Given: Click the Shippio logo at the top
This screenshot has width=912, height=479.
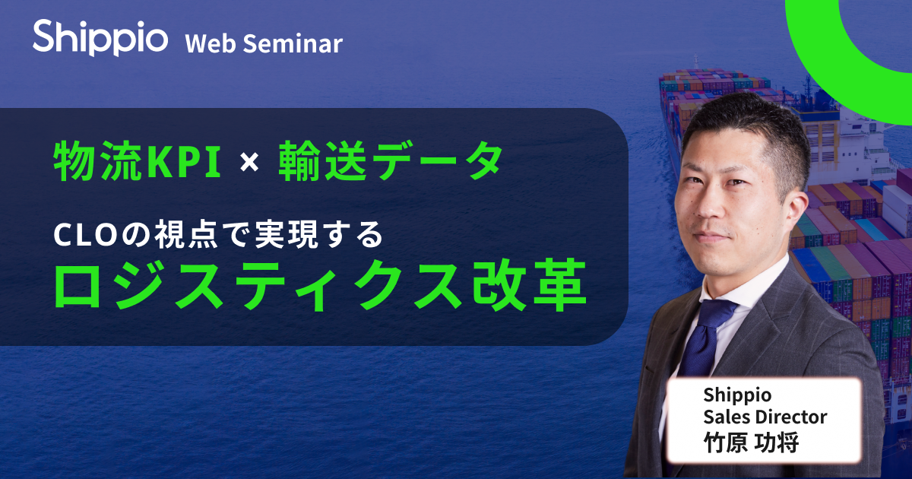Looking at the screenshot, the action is coord(100,37).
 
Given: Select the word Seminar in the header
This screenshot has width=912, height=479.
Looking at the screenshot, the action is coord(293,43).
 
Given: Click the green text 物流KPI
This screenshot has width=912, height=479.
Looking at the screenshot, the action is coord(138,160).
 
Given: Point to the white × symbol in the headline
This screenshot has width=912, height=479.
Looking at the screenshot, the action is coord(249,162).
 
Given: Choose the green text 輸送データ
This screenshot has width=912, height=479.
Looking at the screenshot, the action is coord(391,160).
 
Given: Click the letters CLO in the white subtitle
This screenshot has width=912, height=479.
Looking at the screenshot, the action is coord(86,236).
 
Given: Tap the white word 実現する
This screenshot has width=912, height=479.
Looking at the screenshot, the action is coord(319,235).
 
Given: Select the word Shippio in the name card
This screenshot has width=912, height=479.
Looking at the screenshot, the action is coord(737,395).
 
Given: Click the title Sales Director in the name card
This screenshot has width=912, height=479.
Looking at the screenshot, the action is coord(765,417).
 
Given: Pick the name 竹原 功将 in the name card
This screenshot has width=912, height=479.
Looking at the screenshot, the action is coord(751,443).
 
